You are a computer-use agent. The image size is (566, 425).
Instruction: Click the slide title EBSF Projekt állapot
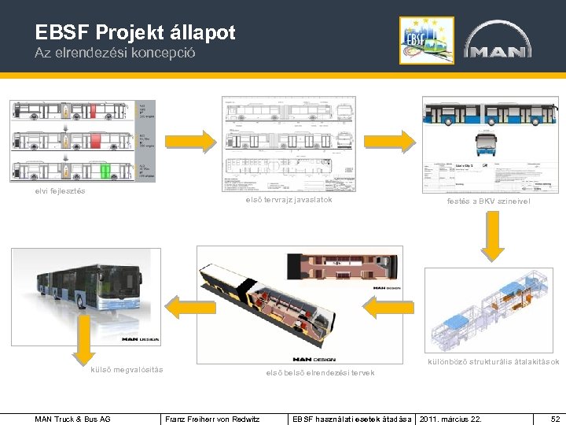[x=135, y=32]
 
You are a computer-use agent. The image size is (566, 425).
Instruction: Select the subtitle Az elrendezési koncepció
[x=115, y=54]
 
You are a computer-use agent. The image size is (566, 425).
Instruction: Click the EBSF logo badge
[x=426, y=40]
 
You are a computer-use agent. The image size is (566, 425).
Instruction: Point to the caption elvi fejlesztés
[x=61, y=191]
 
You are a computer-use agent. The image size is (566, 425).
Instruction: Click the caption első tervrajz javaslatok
[x=289, y=200]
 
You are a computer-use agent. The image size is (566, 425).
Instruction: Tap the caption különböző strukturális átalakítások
[x=493, y=362]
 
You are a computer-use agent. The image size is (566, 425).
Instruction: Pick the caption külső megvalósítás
[x=127, y=370]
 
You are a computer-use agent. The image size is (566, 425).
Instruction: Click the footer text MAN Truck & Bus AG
[x=73, y=419]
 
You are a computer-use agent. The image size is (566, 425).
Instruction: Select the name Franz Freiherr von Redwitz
[x=212, y=419]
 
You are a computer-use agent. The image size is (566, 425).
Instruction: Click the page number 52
[x=555, y=419]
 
